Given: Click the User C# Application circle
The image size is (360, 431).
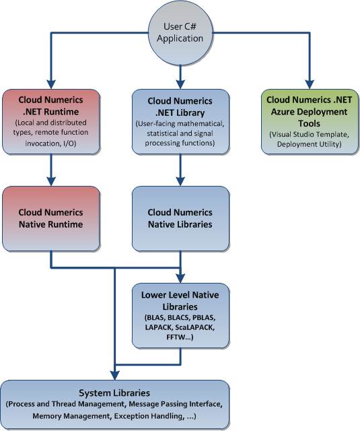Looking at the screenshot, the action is [x=180, y=33].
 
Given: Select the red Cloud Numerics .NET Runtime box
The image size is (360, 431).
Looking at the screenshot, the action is [x=51, y=121].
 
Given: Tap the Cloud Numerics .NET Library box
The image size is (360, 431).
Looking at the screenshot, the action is [x=180, y=121].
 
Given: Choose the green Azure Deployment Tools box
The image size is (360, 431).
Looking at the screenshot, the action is [x=310, y=121].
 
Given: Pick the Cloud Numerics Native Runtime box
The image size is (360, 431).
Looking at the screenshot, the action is [x=51, y=219].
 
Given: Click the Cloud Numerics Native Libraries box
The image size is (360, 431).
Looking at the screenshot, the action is [x=180, y=219].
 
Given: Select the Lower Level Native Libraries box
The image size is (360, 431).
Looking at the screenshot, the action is [x=180, y=316].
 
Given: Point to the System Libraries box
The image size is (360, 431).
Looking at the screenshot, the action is [x=115, y=405].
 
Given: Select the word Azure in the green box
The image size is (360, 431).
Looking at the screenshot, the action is [x=283, y=112].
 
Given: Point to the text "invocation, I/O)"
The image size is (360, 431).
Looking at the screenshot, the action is [x=50, y=143].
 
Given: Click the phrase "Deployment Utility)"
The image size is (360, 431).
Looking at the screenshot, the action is [x=310, y=144].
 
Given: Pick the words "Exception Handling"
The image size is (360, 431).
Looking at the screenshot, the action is [x=148, y=416].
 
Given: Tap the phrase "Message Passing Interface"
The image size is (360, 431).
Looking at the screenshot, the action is [x=175, y=404].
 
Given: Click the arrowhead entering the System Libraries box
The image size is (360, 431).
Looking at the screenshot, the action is [x=115, y=375].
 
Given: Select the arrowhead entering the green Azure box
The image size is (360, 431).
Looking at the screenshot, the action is [x=310, y=84].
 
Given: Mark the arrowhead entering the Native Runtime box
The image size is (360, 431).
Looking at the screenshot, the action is [x=51, y=181].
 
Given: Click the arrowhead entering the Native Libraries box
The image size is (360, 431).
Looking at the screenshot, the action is [x=180, y=181].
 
